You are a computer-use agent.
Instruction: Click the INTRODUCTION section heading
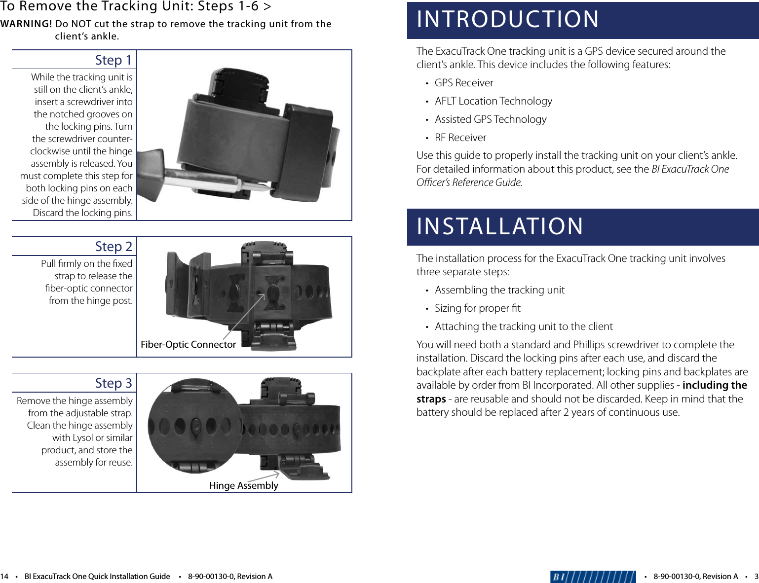point(508,20)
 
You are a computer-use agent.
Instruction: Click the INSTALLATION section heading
point(500,227)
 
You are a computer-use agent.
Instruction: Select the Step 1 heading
point(114,60)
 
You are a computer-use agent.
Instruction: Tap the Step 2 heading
point(114,247)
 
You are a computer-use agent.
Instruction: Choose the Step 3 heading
point(114,383)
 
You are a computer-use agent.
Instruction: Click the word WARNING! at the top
point(26,24)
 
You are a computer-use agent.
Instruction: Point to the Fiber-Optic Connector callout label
point(188,344)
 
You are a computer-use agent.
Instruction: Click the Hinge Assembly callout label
point(243,485)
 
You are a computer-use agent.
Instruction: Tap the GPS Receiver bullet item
point(463,83)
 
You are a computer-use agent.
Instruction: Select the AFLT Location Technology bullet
point(493,101)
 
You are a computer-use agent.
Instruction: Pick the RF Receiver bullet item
point(460,138)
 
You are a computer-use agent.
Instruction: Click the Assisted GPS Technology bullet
point(490,119)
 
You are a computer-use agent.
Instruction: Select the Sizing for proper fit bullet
point(477,308)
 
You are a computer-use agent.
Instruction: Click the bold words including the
point(714,385)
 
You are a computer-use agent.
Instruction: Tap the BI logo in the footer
point(593,576)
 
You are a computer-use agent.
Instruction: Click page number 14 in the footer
point(4,576)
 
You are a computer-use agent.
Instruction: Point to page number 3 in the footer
point(756,576)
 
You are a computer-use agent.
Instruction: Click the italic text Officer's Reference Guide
point(469,182)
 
